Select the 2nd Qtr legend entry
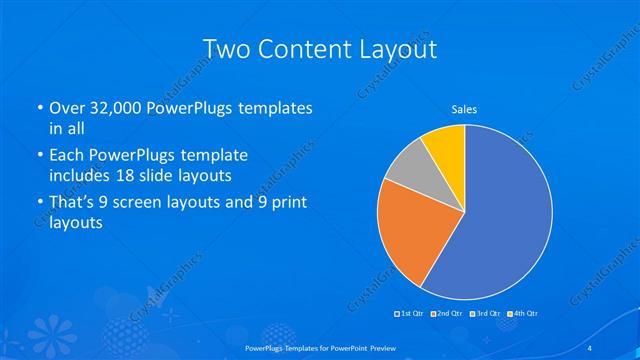[x=448, y=314]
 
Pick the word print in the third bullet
[x=284, y=204]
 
